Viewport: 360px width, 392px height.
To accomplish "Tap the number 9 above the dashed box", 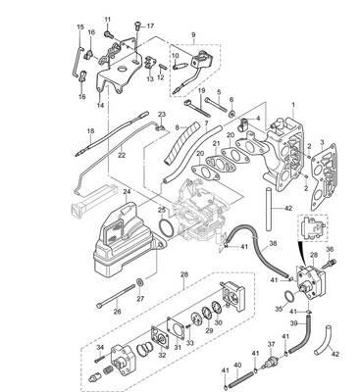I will (x=193, y=36).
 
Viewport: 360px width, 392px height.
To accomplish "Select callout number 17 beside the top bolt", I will (x=151, y=24).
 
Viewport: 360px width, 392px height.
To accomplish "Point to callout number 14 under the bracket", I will (x=100, y=103).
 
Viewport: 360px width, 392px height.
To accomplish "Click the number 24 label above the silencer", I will (x=127, y=192).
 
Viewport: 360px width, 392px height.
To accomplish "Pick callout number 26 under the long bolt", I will (x=117, y=312).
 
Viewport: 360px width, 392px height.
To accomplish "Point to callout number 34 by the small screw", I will (x=98, y=347).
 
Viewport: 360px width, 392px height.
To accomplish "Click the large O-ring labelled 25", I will (x=170, y=227).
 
